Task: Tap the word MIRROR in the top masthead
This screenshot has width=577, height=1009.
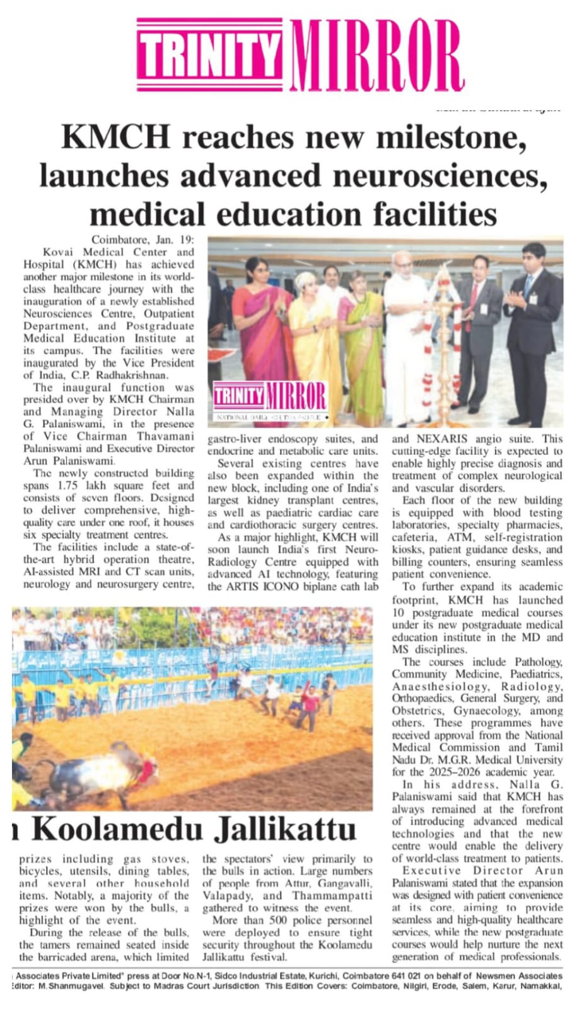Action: coord(377,55)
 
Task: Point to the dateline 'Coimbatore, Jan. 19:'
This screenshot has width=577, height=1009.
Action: coord(143,240)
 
